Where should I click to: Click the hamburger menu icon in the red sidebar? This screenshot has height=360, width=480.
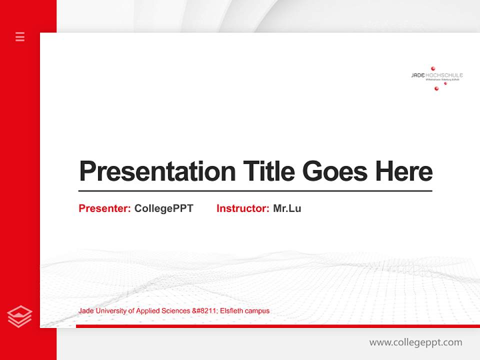click(x=20, y=36)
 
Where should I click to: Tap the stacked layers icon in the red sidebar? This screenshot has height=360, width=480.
click(x=19, y=316)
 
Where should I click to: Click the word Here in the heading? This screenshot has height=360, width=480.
click(x=404, y=171)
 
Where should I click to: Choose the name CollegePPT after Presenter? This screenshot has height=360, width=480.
click(x=163, y=208)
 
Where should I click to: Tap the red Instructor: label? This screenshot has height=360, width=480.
click(x=243, y=208)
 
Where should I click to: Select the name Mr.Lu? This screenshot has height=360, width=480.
click(x=287, y=208)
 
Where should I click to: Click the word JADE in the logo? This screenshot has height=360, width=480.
click(x=417, y=75)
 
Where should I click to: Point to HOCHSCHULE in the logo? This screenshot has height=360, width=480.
click(x=443, y=75)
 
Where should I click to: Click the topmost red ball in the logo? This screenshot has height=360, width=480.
click(x=433, y=68)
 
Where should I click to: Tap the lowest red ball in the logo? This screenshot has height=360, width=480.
click(x=436, y=88)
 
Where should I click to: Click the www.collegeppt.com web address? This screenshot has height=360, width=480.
click(x=415, y=342)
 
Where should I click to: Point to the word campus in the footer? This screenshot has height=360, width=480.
click(x=257, y=311)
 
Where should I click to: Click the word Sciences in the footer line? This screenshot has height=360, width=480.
click(x=175, y=311)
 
